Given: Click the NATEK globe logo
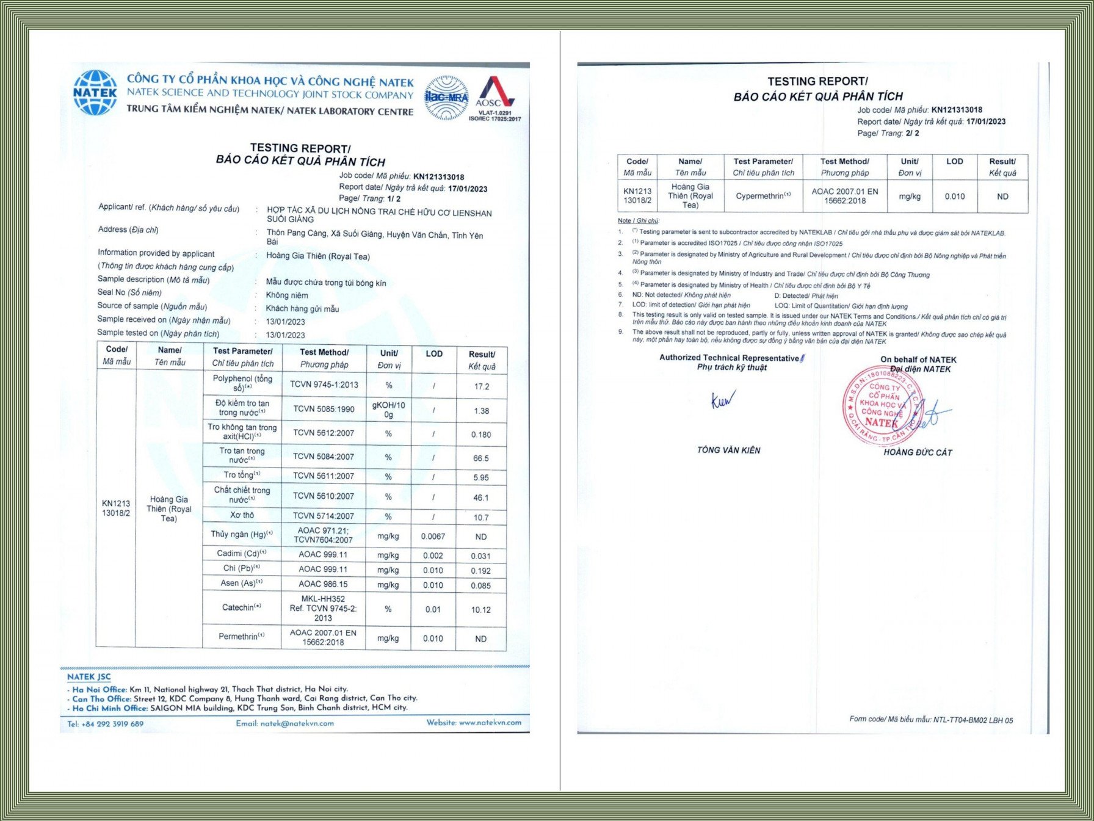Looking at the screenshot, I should tap(95, 93).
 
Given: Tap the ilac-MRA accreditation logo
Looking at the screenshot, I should tap(446, 98).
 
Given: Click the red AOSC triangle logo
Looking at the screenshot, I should tap(495, 92).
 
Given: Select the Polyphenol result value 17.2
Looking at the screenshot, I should tap(481, 386).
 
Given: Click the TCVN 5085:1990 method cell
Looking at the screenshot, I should tap(324, 409).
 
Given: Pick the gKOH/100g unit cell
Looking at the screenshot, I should tap(388, 410).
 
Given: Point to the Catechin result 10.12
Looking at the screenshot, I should tap(480, 610).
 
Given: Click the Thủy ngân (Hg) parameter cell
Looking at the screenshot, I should tap(242, 535).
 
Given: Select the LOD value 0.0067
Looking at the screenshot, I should tap(433, 537).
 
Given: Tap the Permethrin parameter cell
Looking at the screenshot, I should tap(242, 637).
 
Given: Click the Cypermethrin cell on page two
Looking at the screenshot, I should tap(763, 196).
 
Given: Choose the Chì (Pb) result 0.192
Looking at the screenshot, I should tap(480, 571).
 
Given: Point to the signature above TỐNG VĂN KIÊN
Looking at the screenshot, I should tap(723, 400).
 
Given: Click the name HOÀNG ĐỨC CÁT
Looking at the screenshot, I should tap(918, 452).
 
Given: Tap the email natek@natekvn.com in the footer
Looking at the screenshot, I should tap(285, 723).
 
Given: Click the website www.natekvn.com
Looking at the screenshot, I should tap(474, 723).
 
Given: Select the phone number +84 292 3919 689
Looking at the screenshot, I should tap(106, 724).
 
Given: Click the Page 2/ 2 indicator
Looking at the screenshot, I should tap(888, 133).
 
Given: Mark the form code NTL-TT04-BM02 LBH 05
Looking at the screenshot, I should tap(931, 720).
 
